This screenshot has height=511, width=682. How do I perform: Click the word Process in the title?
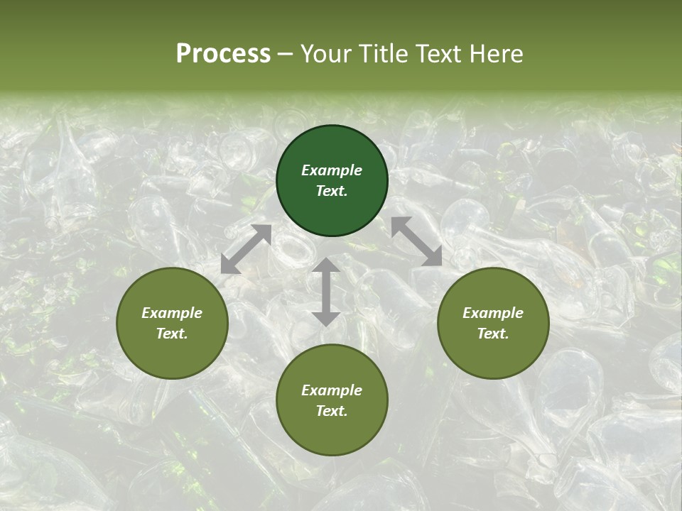[x=223, y=54]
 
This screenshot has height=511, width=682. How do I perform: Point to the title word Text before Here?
[x=438, y=54]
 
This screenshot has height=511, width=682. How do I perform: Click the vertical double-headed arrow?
[x=326, y=292]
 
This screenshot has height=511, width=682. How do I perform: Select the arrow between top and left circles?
[x=246, y=249]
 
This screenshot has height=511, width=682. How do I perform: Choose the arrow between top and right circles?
[x=416, y=241]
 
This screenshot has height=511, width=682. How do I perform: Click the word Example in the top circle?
[x=332, y=170]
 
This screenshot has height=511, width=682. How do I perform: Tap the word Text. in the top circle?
[x=332, y=191]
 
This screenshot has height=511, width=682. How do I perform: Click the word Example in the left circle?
[x=172, y=313]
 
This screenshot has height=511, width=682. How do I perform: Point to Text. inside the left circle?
[x=172, y=334]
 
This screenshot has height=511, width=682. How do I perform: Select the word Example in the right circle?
[x=493, y=313]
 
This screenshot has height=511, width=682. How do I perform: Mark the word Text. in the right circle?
[x=493, y=334]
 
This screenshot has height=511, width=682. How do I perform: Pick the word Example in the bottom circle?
[x=332, y=390]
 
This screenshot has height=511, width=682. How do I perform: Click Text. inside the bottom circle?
[x=332, y=411]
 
